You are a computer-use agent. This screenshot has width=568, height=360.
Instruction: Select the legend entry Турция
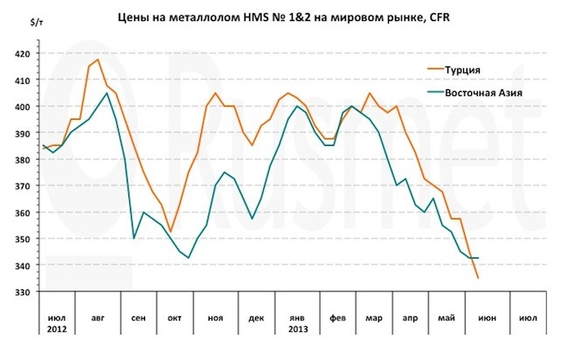pyautogui.click(x=461, y=68)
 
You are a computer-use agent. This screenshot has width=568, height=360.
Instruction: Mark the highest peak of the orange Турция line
pyautogui.click(x=97, y=59)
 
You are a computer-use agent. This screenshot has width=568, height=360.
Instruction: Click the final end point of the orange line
pyautogui.click(x=478, y=278)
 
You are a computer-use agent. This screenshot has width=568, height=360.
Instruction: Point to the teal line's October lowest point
pyautogui.click(x=188, y=258)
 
